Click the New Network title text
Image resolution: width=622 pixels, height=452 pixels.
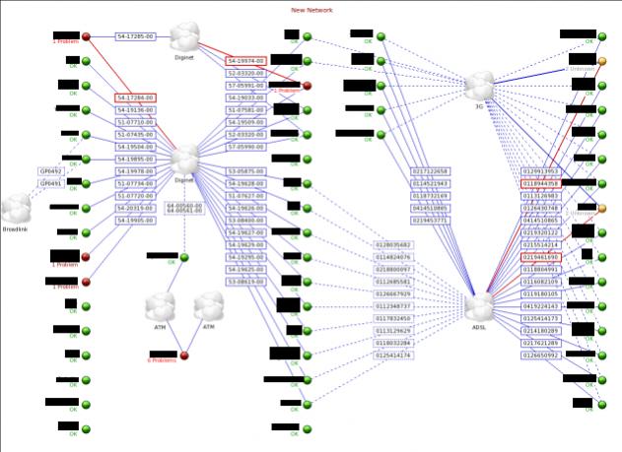(x=311, y=9)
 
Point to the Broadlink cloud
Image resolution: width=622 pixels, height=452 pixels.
(x=17, y=209)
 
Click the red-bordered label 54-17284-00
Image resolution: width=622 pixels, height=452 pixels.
(x=136, y=97)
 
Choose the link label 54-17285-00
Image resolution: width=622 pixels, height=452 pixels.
(x=136, y=36)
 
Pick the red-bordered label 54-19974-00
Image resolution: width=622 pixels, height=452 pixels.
(x=246, y=61)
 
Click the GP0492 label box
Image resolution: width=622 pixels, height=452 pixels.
(x=50, y=171)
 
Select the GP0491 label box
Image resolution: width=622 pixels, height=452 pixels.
(x=50, y=183)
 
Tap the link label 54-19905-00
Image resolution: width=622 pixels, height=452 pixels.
(x=136, y=221)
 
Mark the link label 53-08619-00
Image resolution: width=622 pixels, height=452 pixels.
(x=246, y=281)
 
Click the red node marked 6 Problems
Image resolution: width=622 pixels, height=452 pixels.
(x=183, y=355)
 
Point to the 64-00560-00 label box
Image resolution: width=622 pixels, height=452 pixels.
(x=184, y=207)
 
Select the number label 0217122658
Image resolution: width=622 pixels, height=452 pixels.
(x=430, y=171)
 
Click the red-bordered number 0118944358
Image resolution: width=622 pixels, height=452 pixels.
(x=540, y=183)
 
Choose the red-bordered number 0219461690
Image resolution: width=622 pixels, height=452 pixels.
(x=540, y=257)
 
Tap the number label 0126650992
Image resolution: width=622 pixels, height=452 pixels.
(x=540, y=355)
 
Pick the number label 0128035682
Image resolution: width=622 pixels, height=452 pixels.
(x=394, y=244)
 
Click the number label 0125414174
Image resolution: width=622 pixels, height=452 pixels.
(x=394, y=355)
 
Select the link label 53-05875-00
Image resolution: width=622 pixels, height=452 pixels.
(x=246, y=171)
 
